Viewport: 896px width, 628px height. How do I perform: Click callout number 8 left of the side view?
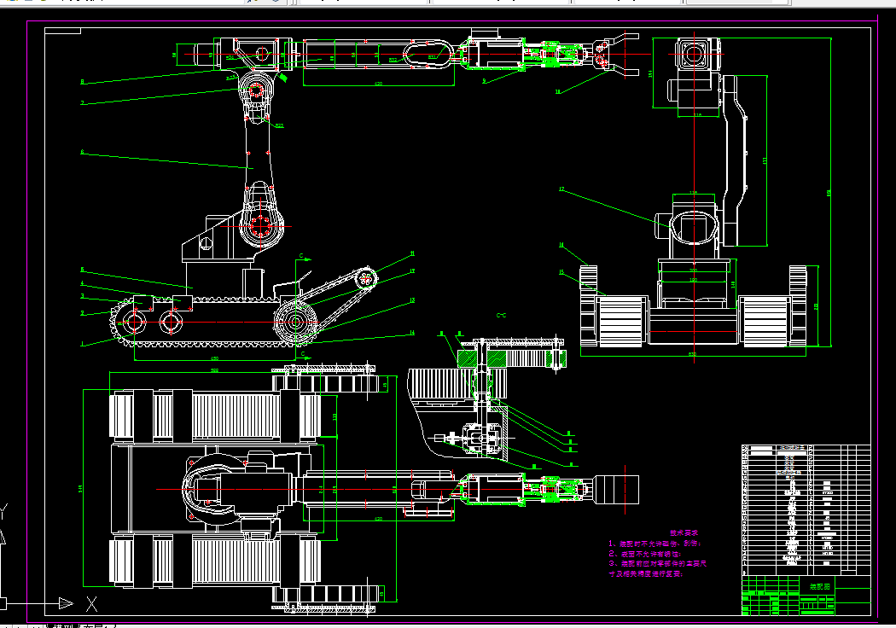point(83,82)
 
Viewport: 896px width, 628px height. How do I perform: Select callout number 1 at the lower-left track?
point(83,345)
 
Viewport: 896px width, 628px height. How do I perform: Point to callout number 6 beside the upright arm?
point(83,153)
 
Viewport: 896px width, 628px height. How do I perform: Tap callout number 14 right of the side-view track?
point(412,333)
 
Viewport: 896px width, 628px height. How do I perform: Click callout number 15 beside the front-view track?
point(561,272)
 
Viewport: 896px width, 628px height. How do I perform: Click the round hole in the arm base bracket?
point(206,242)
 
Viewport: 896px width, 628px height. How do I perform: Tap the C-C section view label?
point(502,316)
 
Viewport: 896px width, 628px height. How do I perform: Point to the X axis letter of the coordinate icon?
point(92,605)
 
